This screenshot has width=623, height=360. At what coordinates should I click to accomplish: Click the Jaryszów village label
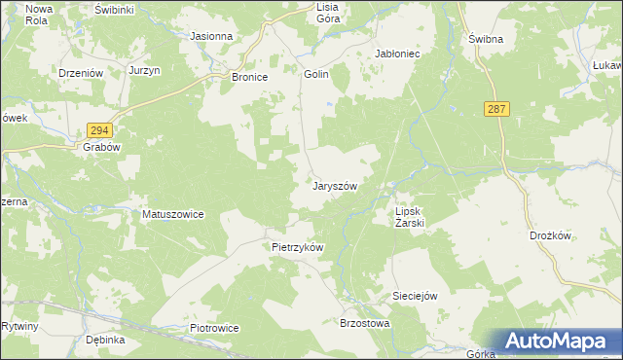(x=336, y=186)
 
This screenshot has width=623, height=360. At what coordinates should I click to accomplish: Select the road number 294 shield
(x=99, y=130)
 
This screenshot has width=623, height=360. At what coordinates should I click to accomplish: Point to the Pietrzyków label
(x=297, y=247)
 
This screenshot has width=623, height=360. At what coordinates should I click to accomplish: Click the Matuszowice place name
(x=173, y=214)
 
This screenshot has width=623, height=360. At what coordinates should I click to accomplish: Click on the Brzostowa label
(x=363, y=323)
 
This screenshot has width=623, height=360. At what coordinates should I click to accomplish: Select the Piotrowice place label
(x=214, y=328)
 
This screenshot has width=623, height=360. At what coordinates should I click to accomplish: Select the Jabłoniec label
(x=397, y=54)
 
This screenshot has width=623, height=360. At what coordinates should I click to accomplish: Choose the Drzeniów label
(x=80, y=72)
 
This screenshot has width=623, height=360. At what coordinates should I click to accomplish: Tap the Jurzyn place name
(x=143, y=71)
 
